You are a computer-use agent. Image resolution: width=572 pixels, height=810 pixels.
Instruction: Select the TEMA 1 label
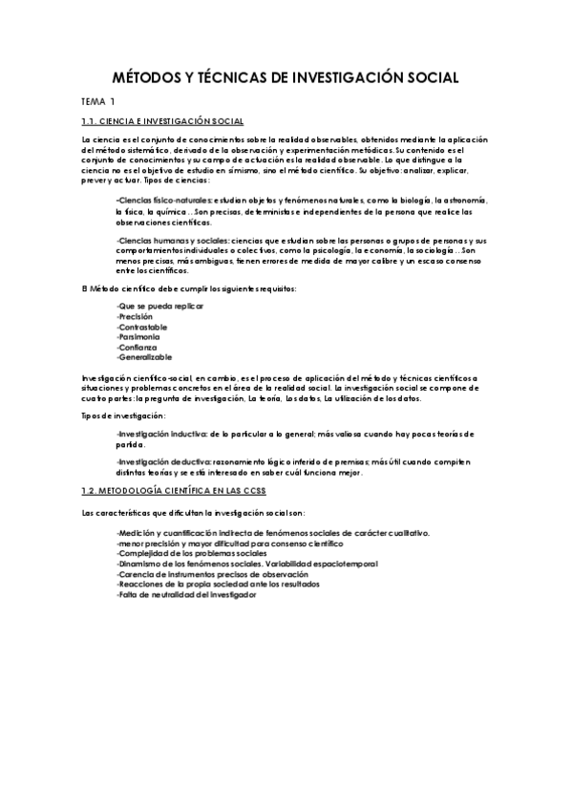(x=98, y=101)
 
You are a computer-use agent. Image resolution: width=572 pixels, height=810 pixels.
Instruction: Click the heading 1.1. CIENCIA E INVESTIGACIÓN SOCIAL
(x=163, y=121)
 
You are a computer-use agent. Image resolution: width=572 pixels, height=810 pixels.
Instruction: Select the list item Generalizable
(x=144, y=358)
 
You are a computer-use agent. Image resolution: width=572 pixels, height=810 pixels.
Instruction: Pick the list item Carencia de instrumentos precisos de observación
(x=212, y=575)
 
